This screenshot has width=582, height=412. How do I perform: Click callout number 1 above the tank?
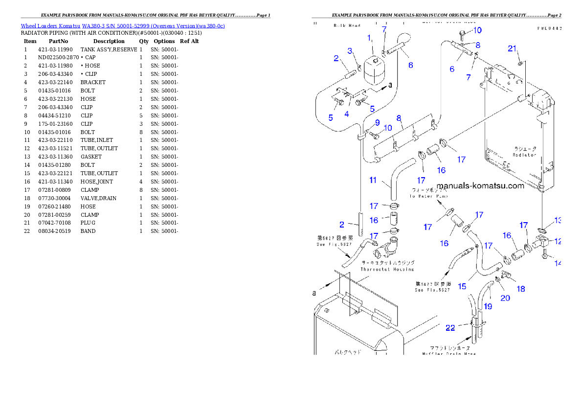(369, 38)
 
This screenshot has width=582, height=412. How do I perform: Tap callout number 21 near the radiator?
(512, 48)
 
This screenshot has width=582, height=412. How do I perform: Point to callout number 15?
(461, 286)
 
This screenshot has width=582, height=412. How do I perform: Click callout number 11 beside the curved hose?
(373, 180)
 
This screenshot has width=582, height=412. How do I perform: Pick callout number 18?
(521, 289)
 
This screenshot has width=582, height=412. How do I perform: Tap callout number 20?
(505, 297)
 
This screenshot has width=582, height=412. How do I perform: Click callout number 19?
(488, 306)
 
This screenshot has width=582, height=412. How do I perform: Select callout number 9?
(377, 122)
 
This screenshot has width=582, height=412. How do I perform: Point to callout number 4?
(347, 114)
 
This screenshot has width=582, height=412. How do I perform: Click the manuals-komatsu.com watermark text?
(480, 185)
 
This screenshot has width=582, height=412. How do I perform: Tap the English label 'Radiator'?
(524, 155)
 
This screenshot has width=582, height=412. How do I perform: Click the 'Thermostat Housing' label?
(387, 269)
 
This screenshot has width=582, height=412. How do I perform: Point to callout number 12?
(558, 241)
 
